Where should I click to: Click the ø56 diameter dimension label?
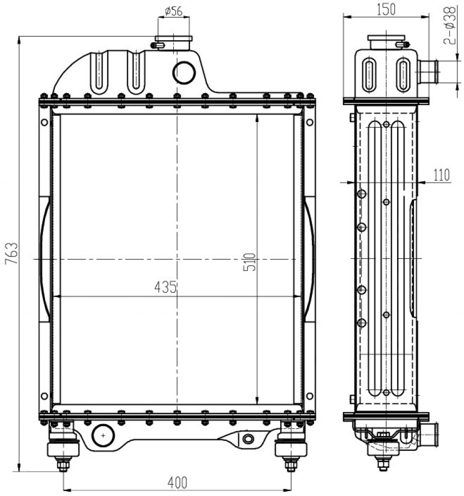coord(174,11)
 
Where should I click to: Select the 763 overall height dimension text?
coord(12,253)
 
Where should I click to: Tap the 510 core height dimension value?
coord(250,262)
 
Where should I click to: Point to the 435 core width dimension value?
coord(165,287)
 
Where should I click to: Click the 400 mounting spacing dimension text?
coord(177,483)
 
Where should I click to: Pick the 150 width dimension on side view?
coord(386,9)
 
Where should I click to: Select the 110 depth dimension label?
coord(441,175)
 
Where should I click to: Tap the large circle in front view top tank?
coord(184,72)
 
